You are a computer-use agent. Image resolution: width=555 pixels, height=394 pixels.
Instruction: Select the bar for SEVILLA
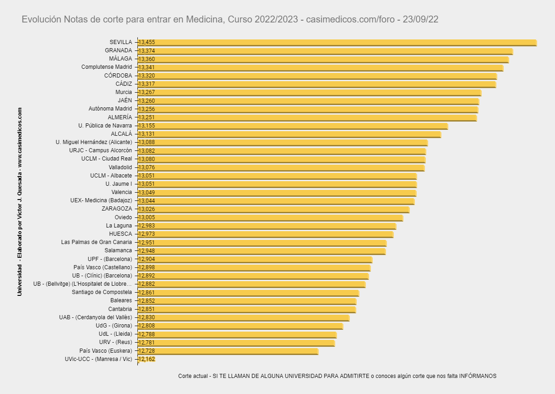click(337, 42)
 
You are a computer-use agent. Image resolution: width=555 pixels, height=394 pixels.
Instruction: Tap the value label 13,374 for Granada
click(147, 51)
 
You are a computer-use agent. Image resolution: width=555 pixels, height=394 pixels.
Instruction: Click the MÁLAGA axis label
click(120, 59)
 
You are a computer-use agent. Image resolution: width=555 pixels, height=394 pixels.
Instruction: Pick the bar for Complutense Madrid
click(321, 67)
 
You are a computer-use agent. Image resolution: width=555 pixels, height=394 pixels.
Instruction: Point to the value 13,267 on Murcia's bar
click(147, 93)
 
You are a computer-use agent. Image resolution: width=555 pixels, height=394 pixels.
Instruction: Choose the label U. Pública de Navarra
click(105, 126)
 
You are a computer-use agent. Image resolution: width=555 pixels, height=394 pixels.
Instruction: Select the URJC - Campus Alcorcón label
click(100, 150)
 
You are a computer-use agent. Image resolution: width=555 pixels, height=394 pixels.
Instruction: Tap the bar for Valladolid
click(281, 168)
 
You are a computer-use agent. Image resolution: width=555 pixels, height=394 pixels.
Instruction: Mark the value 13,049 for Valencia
click(147, 193)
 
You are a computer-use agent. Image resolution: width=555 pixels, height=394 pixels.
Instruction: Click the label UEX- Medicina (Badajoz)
click(101, 200)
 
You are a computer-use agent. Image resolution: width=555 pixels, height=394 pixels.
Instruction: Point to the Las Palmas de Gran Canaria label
click(96, 242)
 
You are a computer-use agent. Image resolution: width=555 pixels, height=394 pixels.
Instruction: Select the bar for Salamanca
click(261, 251)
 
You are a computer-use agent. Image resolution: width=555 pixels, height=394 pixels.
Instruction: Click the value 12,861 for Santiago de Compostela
click(147, 293)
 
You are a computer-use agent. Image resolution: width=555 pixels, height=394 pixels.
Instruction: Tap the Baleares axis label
click(121, 300)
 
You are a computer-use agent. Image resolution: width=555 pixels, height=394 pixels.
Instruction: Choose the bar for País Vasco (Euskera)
click(228, 351)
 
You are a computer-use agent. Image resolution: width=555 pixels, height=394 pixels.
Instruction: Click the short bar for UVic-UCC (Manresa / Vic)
click(147, 360)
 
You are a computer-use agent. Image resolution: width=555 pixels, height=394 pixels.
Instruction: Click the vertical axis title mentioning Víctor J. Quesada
click(20, 202)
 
